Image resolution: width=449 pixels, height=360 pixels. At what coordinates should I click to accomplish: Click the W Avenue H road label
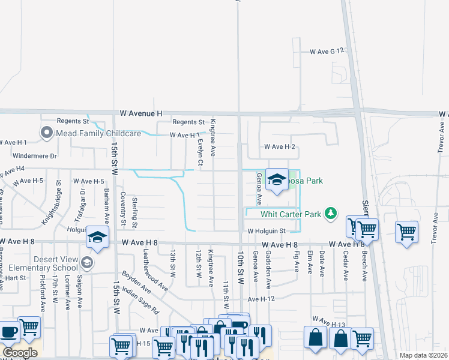[x=141, y=113]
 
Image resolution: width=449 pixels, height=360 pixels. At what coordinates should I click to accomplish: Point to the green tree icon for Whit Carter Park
[x=330, y=213]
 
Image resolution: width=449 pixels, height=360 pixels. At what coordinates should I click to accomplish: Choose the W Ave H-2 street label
[x=280, y=146]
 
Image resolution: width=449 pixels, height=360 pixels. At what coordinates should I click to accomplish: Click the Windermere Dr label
[x=34, y=155]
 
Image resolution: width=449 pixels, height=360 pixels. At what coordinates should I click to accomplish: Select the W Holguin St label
[x=265, y=231]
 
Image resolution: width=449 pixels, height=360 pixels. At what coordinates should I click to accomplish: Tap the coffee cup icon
[x=9, y=332]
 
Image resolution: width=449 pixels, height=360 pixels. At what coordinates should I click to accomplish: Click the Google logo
[x=20, y=352]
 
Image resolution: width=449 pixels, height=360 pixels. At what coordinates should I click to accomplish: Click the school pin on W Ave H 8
[x=97, y=236]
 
